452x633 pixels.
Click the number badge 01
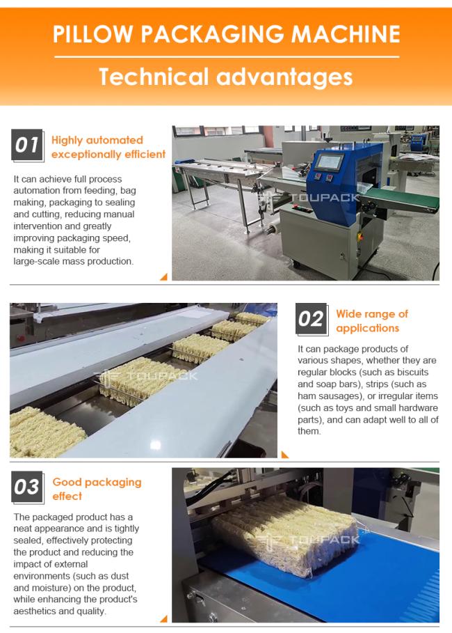(27, 145)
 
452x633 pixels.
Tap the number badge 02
(311, 319)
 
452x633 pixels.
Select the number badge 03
(27, 487)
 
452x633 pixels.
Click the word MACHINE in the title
(346, 34)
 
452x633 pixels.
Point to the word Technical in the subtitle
(154, 77)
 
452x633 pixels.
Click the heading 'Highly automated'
(97, 140)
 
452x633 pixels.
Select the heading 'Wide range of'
(372, 313)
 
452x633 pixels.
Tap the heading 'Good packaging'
(97, 482)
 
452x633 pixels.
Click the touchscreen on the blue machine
(329, 162)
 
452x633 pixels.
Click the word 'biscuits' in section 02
(412, 373)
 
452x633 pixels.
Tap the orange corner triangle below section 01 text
(163, 277)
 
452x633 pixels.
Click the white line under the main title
(227, 57)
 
